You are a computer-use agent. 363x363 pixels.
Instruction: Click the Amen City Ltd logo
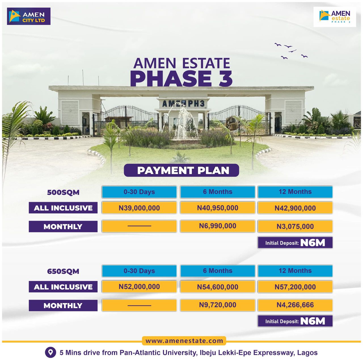pyautogui.click(x=29, y=16)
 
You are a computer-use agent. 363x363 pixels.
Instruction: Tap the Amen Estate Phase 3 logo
pyautogui.click(x=335, y=17)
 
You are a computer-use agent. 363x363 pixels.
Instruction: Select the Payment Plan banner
pyautogui.click(x=181, y=170)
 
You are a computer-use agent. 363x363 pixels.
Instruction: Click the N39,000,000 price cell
pyautogui.click(x=139, y=208)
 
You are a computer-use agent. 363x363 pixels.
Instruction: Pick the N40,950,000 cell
pyautogui.click(x=218, y=208)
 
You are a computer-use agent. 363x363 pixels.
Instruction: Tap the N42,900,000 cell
pyautogui.click(x=295, y=208)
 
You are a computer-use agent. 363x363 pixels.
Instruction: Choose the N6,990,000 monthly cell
pyautogui.click(x=218, y=226)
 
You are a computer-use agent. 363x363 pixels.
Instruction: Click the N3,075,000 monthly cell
pyautogui.click(x=295, y=226)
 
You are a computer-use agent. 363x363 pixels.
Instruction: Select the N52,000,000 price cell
pyautogui.click(x=139, y=287)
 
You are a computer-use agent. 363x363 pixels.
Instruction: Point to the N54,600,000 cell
pyautogui.click(x=218, y=287)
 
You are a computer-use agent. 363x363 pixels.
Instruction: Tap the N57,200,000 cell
pyautogui.click(x=295, y=287)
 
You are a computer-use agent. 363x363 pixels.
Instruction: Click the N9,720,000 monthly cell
pyautogui.click(x=218, y=305)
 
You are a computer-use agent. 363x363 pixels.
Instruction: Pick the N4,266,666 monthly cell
pyautogui.click(x=295, y=305)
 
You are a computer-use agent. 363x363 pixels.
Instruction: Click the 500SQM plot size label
pyautogui.click(x=63, y=192)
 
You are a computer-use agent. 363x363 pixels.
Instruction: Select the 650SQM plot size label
pyautogui.click(x=63, y=271)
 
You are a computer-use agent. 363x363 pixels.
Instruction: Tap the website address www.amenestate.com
pyautogui.click(x=184, y=341)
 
